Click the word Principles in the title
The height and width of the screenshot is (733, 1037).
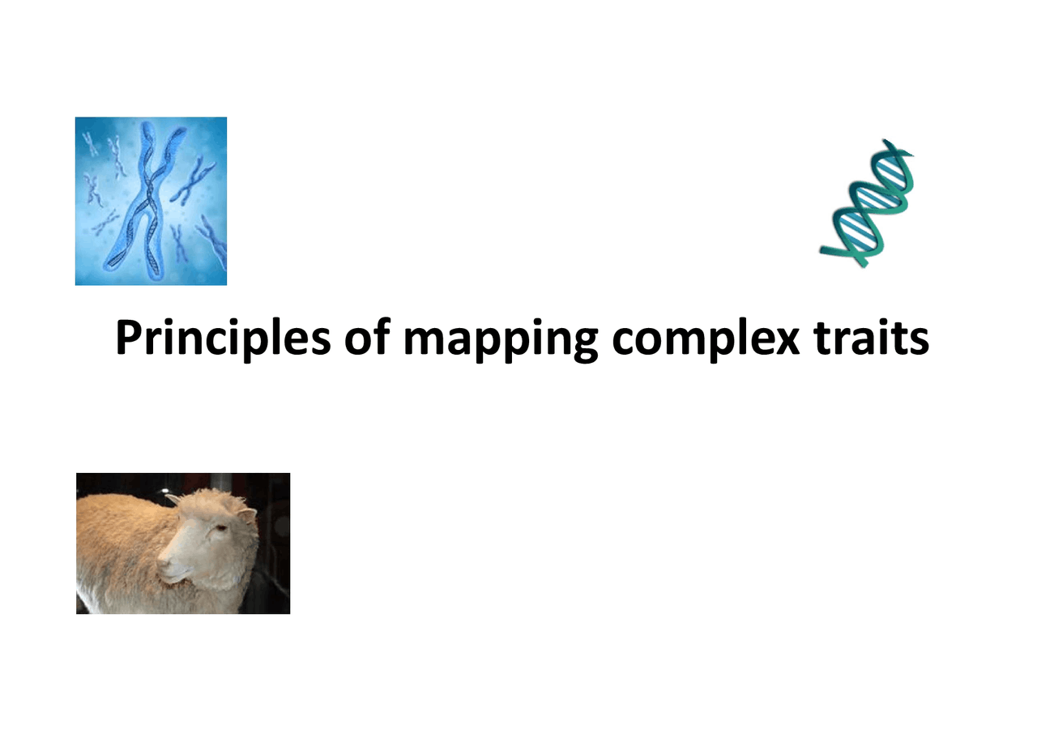[223, 339]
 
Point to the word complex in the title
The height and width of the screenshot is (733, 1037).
[706, 340]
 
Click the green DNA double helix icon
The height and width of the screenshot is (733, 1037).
[868, 203]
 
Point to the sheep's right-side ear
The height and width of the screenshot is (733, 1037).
[245, 515]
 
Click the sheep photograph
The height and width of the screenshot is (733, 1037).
[183, 543]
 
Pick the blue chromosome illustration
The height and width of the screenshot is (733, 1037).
[151, 201]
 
